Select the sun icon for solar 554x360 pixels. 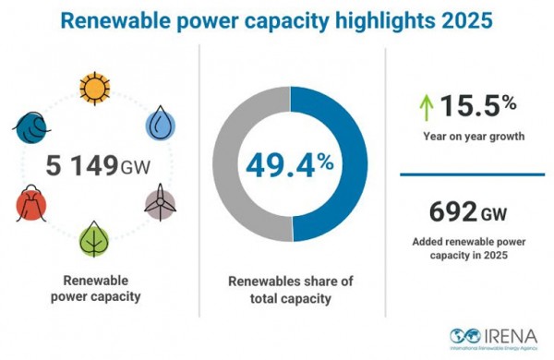(x=93, y=89)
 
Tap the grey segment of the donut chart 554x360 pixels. (x=231, y=166)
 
